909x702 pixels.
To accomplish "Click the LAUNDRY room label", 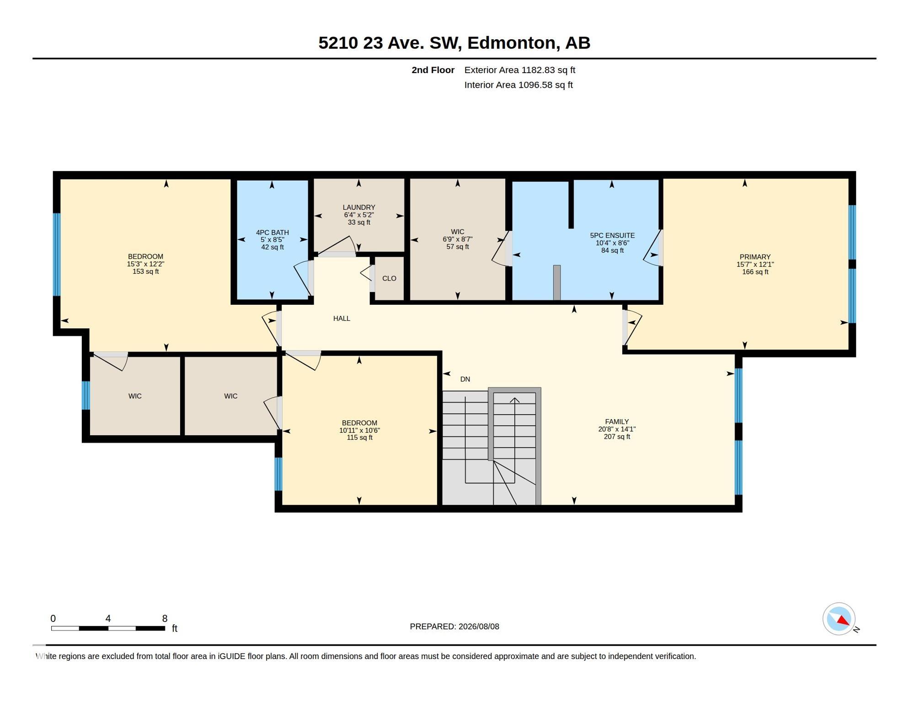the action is (359, 207).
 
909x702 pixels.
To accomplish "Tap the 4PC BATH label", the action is (273, 233).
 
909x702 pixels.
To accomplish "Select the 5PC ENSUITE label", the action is (612, 236).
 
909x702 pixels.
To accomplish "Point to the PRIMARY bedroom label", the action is (755, 257).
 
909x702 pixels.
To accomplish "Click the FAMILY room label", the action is (617, 422).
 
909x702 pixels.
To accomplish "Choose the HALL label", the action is (342, 319).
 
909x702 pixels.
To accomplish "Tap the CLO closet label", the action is (389, 278).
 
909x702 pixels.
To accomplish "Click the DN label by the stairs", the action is (465, 379).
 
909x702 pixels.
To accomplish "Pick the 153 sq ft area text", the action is (146, 271).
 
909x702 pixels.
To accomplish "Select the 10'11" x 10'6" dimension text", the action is (359, 431).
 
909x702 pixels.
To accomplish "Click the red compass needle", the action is (843, 620).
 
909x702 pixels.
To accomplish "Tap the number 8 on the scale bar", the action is (165, 618).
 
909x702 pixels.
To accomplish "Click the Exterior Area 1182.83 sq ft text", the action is (520, 70).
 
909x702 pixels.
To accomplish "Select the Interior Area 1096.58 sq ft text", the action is (519, 85).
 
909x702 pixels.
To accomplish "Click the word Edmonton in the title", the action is (512, 43).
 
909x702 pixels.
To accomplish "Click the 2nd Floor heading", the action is (433, 70).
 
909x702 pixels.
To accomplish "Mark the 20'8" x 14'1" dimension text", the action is (617, 429).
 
